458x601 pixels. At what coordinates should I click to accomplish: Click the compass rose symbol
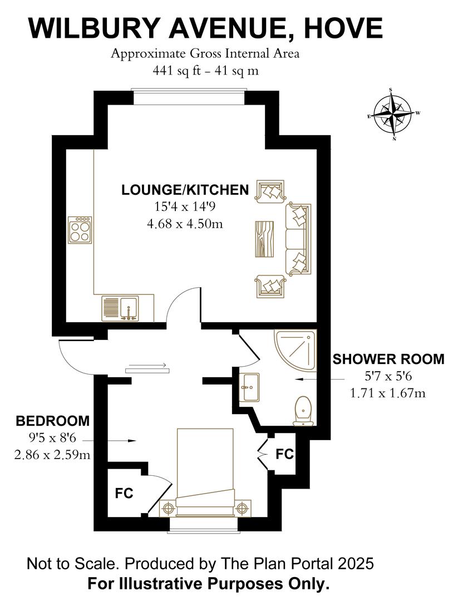coord(393,114)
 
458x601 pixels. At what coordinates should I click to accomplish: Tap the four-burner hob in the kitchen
coord(80,230)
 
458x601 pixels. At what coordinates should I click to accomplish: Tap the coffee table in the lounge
coord(264,239)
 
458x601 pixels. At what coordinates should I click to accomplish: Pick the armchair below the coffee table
coord(270,286)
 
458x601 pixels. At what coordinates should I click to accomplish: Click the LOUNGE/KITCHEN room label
coord(185,190)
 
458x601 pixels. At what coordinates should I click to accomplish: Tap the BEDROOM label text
coord(53,420)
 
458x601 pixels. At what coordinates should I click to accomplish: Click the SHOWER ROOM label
coord(388,359)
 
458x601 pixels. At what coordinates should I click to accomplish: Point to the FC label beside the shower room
coord(284,454)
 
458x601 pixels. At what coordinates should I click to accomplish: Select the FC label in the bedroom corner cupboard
coord(124,493)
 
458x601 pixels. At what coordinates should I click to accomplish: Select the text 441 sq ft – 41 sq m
coord(205,71)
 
